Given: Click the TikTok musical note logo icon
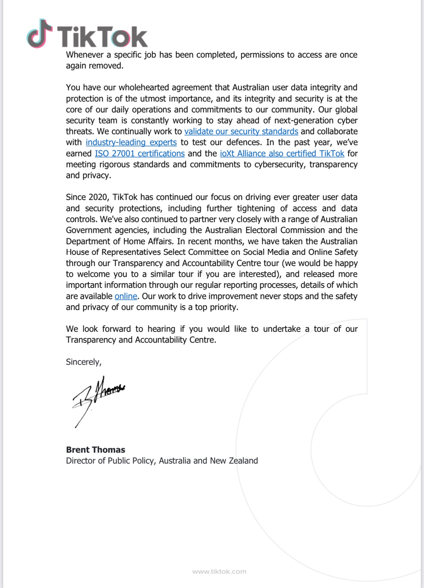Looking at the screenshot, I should coord(39,34).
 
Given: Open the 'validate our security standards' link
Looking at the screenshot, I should coord(241,131).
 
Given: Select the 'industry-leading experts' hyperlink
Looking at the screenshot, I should coord(131,142).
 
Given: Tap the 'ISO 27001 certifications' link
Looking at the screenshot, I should coord(140,154).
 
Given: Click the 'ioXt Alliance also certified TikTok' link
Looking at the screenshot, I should coord(282,154).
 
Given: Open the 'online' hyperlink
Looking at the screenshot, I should coord(126,296).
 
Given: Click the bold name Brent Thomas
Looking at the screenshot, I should coord(95,450).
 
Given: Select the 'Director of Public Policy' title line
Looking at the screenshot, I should coord(162,461).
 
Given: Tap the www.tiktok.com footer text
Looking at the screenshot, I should coord(219,571).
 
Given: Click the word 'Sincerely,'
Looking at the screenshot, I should coord(84,362).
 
